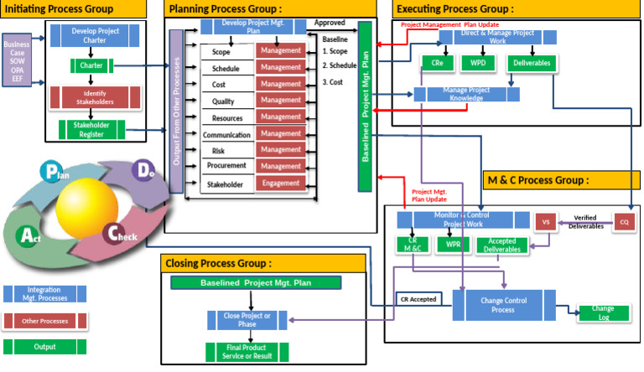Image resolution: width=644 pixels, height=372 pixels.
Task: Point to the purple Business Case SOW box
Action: (16, 61)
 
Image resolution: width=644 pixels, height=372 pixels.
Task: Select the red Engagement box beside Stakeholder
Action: (281, 183)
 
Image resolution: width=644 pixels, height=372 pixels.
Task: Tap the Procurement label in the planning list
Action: (226, 167)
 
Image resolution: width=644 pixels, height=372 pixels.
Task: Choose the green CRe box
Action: (437, 63)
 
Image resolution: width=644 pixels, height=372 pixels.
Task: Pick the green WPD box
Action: (478, 63)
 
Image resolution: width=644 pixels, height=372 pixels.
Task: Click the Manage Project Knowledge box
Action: (466, 94)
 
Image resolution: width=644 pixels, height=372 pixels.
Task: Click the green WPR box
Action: (453, 245)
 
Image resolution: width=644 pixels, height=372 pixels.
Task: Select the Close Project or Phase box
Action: (241, 319)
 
